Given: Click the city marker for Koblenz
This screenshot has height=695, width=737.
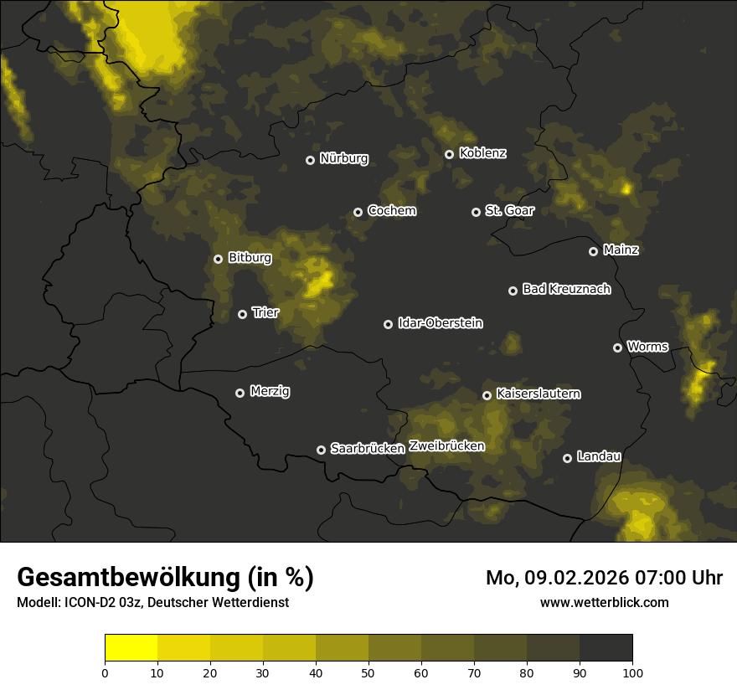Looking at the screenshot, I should [x=449, y=154].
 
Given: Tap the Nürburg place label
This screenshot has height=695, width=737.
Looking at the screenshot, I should [x=343, y=158].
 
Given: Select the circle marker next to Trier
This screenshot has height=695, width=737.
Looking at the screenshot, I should [x=242, y=314].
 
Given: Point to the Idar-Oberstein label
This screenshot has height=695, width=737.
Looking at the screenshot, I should [x=440, y=323].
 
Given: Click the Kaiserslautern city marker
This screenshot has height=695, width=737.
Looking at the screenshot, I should [x=487, y=395].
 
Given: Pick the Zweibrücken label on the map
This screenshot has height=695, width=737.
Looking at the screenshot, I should [x=446, y=446].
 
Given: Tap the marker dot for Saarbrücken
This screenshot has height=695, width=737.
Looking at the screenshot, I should [x=321, y=450].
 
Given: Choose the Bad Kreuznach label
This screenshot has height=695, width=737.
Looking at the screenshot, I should [x=566, y=289].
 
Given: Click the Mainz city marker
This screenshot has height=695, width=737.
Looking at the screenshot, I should [x=593, y=251].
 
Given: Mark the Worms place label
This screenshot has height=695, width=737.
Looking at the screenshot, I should [x=647, y=347].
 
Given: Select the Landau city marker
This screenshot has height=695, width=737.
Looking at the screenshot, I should [x=567, y=458].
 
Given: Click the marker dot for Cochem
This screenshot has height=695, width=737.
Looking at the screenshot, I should [x=358, y=212].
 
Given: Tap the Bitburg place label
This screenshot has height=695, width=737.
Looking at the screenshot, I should [x=250, y=258].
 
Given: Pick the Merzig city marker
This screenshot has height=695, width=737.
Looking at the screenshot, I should [x=240, y=393].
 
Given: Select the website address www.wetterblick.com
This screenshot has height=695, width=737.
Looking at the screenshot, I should [x=604, y=602].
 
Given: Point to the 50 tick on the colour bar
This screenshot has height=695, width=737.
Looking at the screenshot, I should [x=368, y=672].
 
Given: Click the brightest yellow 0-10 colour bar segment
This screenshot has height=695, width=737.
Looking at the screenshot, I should [x=131, y=648].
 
